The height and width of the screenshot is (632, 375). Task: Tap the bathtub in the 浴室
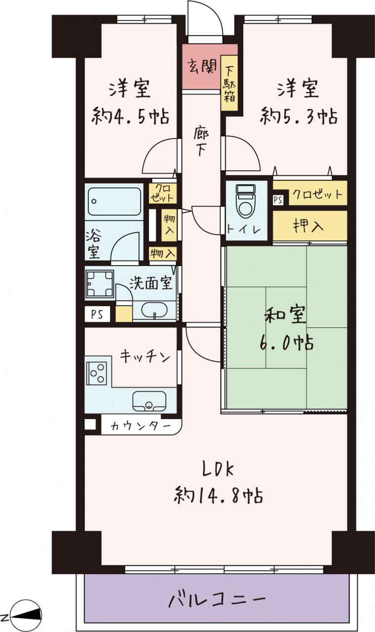(x=114, y=201)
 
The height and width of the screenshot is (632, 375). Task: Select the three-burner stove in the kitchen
(x=96, y=373)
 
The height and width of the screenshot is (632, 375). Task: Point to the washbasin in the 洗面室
(x=154, y=311)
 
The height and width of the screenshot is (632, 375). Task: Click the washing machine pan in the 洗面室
(x=100, y=283)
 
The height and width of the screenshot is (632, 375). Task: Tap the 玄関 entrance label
(x=202, y=67)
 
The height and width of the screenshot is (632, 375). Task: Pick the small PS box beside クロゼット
(x=278, y=200)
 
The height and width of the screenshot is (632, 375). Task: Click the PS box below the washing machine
(x=97, y=314)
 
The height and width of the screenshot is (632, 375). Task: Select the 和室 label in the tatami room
(x=285, y=315)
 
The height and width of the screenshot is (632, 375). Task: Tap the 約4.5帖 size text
(x=130, y=116)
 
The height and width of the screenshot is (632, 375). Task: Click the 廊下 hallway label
(x=201, y=142)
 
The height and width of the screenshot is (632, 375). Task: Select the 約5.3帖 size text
(x=299, y=116)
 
